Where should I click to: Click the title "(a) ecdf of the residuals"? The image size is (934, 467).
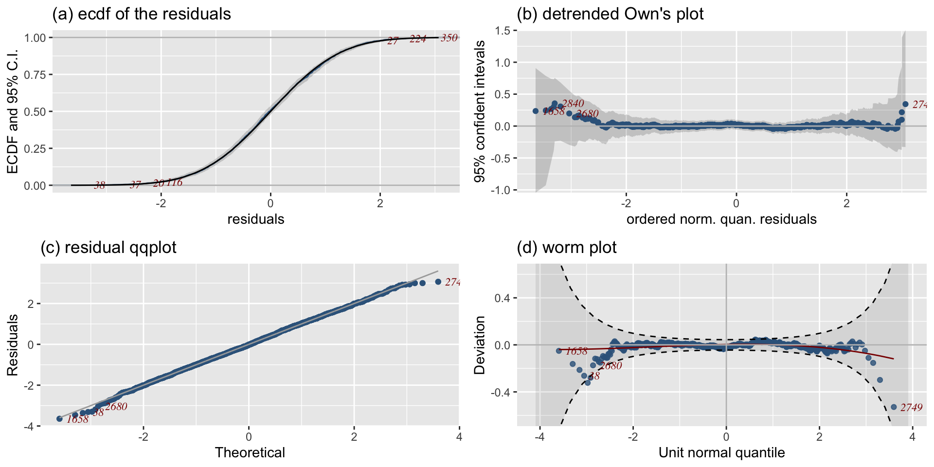142,14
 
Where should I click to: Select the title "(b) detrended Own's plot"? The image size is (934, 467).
610,14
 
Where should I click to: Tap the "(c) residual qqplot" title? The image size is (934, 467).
108,248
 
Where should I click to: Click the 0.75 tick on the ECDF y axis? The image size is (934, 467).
36,75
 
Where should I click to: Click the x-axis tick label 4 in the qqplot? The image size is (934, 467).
459,436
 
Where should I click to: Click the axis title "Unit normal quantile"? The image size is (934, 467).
721,453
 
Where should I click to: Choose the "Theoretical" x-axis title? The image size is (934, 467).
250,453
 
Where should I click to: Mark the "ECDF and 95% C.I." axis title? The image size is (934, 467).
13,111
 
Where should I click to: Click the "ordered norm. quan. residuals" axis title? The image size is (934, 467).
721,219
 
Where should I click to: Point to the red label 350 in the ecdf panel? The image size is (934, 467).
449,38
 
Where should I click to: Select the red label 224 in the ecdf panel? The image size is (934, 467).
418,39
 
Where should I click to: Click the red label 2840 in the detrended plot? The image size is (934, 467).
573,103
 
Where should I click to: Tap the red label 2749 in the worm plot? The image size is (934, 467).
911,408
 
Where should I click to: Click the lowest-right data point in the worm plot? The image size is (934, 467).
894,407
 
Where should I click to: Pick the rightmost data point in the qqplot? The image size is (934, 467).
438,282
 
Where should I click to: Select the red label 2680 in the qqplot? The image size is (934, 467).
116,407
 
